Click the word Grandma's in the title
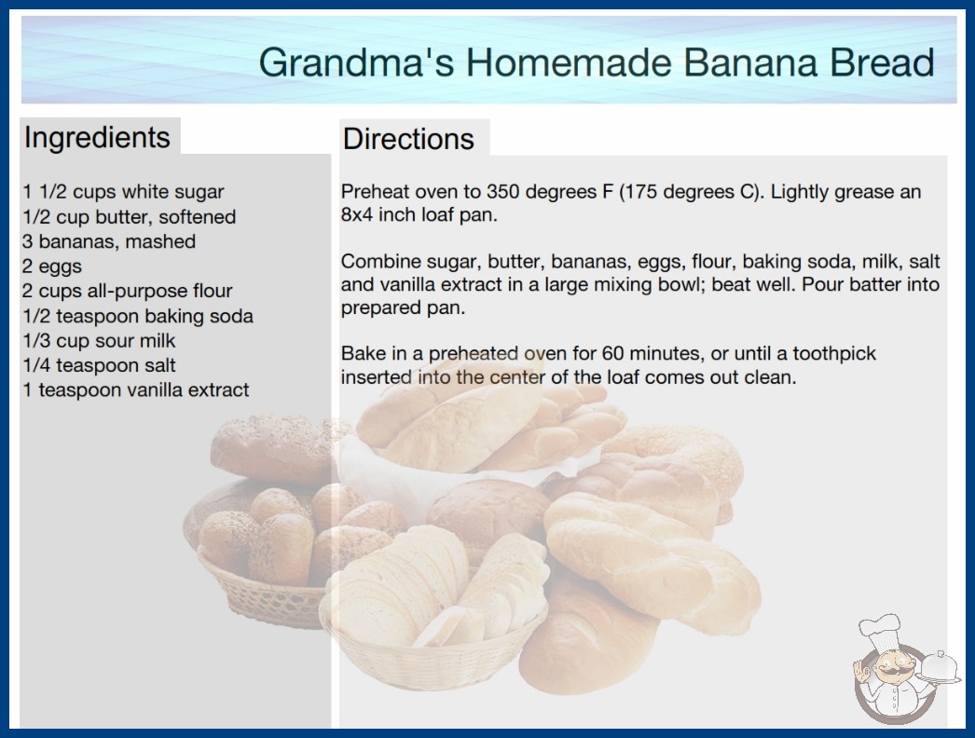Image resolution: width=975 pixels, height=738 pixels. click(356, 62)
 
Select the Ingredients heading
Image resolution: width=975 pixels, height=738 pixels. click(97, 138)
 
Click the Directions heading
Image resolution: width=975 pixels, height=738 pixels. click(408, 139)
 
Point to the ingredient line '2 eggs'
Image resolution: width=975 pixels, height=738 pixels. click(52, 266)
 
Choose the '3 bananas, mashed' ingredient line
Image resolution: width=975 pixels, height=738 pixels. click(109, 241)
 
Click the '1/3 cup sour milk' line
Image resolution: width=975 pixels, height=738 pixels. click(99, 341)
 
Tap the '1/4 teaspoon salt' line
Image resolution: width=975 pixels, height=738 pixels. click(99, 365)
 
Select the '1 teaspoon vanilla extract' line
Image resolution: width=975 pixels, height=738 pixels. click(135, 389)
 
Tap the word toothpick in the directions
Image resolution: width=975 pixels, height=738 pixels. click(834, 354)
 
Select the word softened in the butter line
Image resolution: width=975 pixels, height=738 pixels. click(197, 217)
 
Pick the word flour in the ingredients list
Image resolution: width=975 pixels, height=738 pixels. click(212, 291)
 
